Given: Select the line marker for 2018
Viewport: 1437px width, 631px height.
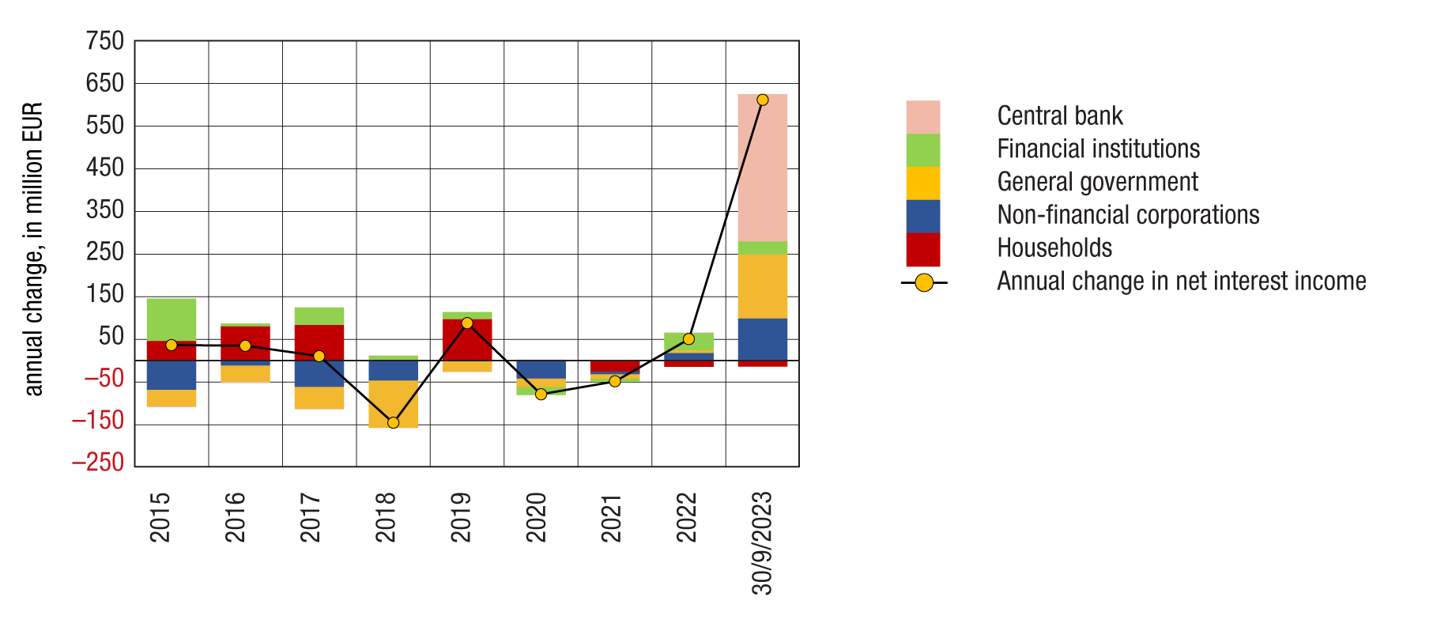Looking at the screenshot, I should [x=393, y=422].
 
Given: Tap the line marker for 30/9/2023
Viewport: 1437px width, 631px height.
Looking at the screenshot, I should [x=762, y=100].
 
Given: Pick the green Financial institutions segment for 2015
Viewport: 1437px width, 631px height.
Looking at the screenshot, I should [x=172, y=319].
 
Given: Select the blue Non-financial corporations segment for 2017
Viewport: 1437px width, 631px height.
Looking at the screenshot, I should [x=319, y=373].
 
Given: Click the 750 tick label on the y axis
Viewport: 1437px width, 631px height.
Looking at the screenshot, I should [x=105, y=41].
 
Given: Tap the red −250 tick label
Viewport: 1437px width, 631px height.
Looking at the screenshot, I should [x=98, y=463].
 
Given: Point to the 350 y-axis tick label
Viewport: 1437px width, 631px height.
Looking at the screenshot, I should [x=105, y=210].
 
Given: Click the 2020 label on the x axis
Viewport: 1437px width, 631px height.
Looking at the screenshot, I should [x=537, y=517].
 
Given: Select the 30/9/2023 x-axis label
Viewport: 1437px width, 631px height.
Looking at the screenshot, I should [x=762, y=543].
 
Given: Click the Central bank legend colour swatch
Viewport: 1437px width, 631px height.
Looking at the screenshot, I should [x=922, y=117].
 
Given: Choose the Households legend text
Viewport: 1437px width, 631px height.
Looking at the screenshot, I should [x=1054, y=248].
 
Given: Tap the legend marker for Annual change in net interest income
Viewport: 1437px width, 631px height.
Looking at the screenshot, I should [x=923, y=282].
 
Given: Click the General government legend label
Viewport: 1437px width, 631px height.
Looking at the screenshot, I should [x=1097, y=182].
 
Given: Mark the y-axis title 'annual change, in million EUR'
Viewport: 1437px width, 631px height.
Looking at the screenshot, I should [x=33, y=249].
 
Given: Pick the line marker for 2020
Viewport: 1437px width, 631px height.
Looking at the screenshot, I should [x=541, y=394].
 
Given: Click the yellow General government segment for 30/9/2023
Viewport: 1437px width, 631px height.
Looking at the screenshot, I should [x=762, y=285].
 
